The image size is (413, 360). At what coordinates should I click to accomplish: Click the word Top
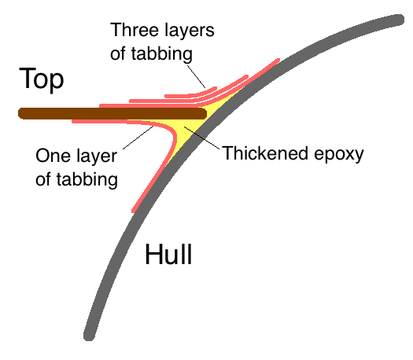click(x=42, y=79)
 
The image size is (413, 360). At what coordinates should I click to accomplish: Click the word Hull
click(x=168, y=254)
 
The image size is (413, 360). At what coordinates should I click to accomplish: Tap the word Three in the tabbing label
click(x=134, y=30)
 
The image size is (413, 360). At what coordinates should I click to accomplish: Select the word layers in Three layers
click(x=188, y=31)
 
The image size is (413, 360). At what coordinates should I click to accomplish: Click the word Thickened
click(x=265, y=153)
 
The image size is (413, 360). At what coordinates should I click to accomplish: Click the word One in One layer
click(x=53, y=156)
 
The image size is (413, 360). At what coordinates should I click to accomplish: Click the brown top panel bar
click(x=112, y=114)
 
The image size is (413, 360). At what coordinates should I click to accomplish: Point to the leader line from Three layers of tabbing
click(x=196, y=76)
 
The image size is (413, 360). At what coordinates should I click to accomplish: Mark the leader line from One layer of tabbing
click(x=138, y=138)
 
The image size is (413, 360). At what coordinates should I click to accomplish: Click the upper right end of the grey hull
click(x=398, y=20)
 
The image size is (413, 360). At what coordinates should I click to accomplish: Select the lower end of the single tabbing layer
click(x=134, y=210)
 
